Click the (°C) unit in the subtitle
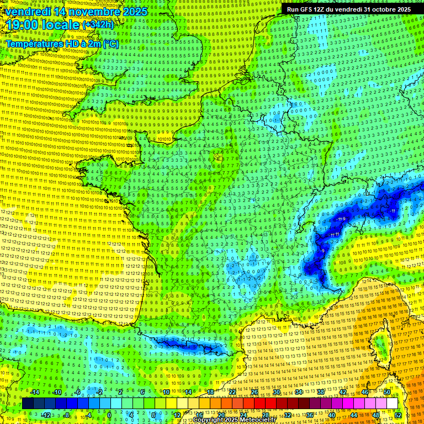110,43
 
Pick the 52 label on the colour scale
398,415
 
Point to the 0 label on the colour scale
109,415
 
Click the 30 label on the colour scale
276,392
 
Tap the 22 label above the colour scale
232,392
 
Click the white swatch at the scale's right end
392,404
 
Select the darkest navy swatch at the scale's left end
28,404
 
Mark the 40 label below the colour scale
331,415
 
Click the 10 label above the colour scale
166,392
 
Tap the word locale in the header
59,25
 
